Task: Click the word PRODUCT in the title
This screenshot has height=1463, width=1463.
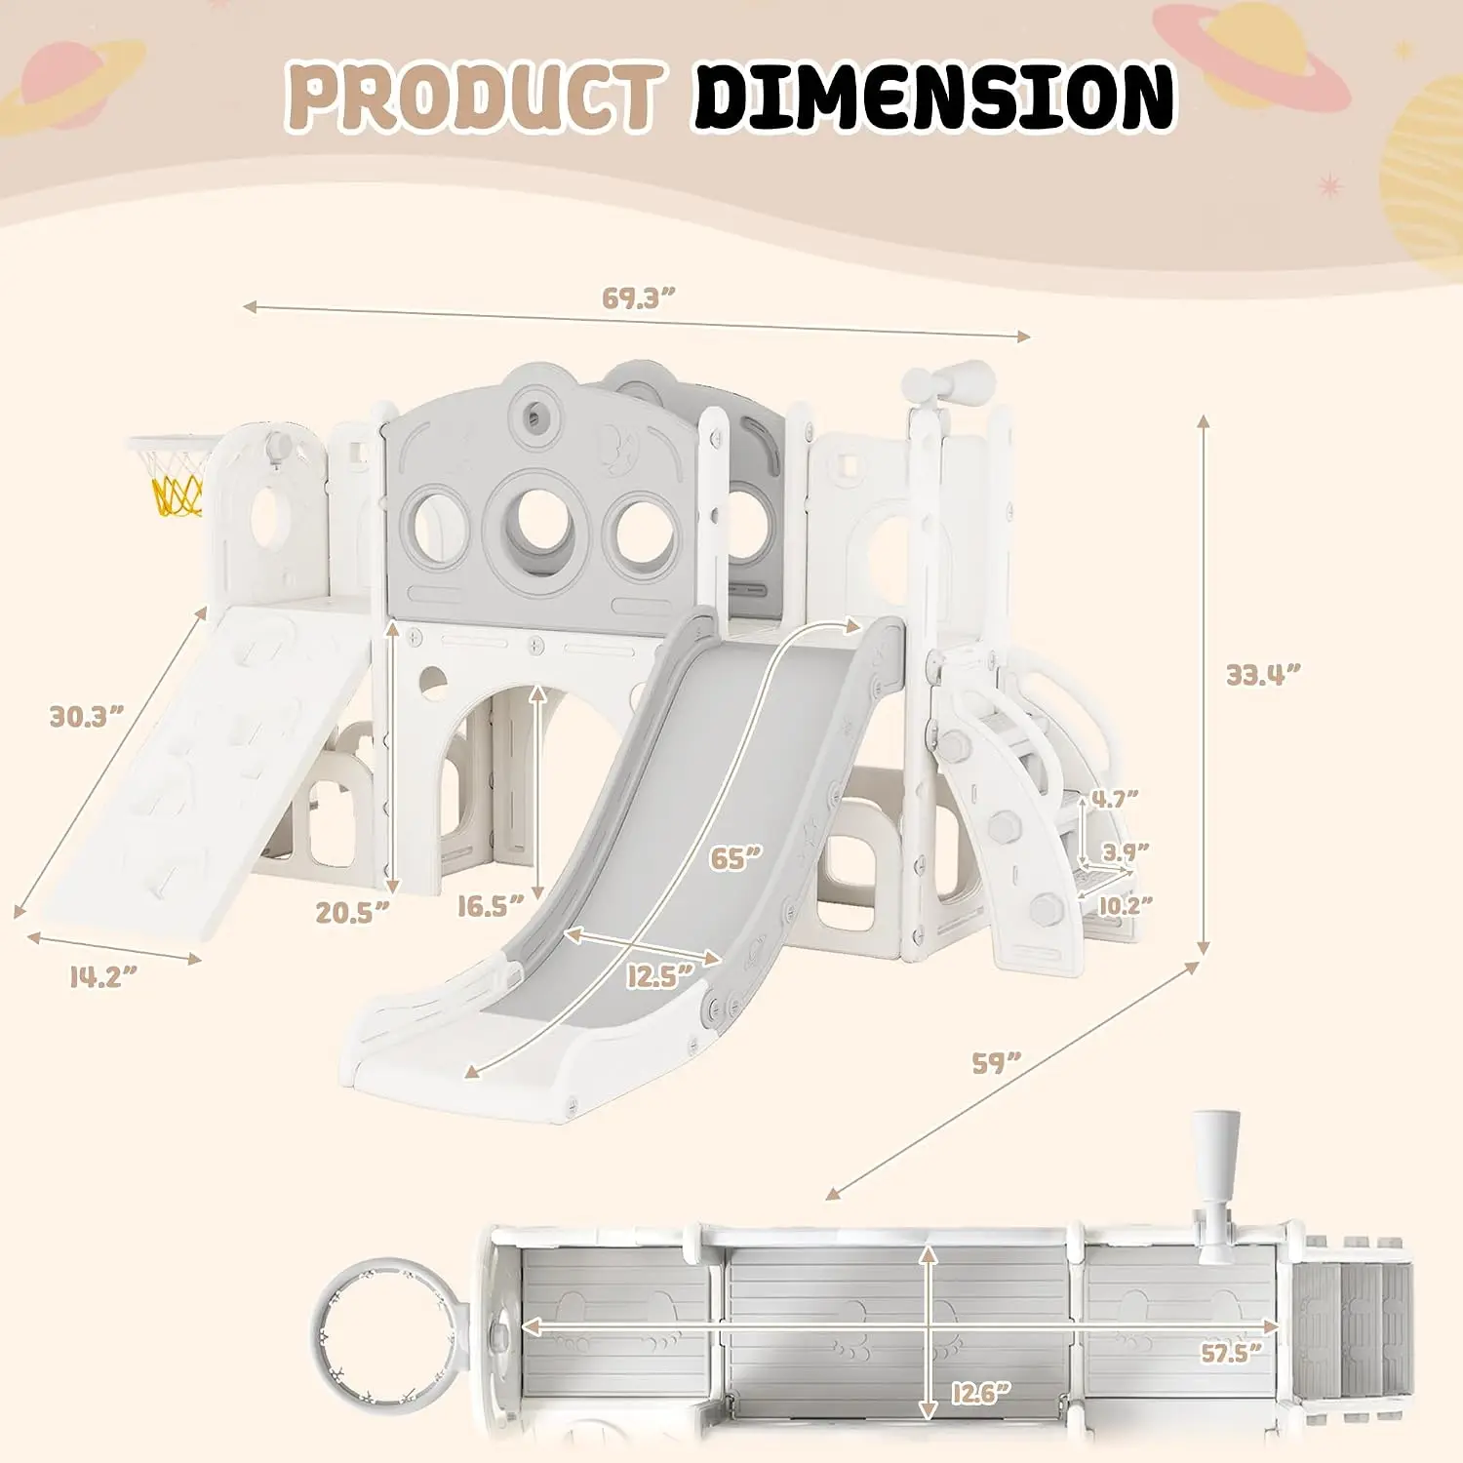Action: pyautogui.click(x=475, y=97)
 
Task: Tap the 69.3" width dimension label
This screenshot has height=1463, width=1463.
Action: pyautogui.click(x=639, y=297)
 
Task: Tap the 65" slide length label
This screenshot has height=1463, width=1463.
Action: pyautogui.click(x=735, y=858)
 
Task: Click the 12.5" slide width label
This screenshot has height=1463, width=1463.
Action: pyautogui.click(x=659, y=975)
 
